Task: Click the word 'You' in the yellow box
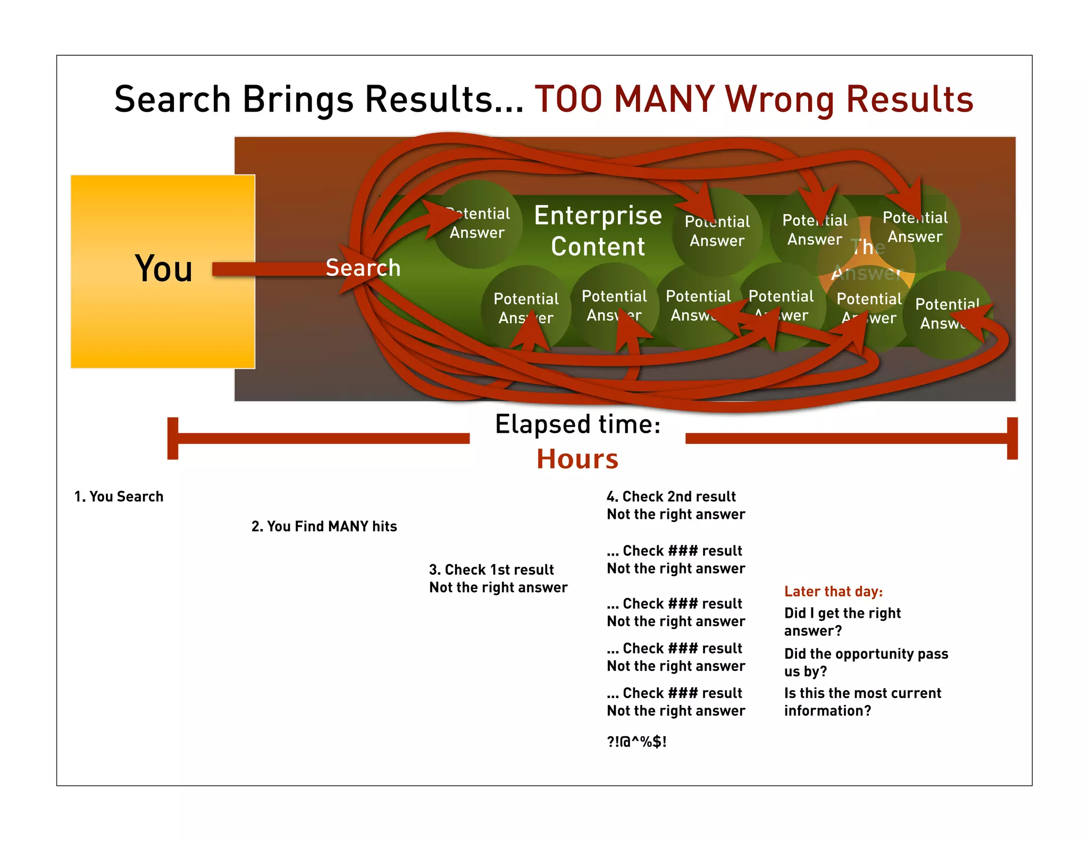pyautogui.click(x=163, y=268)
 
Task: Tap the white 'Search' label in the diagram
pyautogui.click(x=363, y=267)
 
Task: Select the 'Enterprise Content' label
pyautogui.click(x=598, y=231)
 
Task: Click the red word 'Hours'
pyautogui.click(x=577, y=459)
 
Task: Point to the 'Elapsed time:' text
pyautogui.click(x=577, y=424)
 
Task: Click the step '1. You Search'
pyautogui.click(x=119, y=497)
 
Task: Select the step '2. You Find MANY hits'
pyautogui.click(x=324, y=526)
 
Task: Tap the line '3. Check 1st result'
pyautogui.click(x=491, y=570)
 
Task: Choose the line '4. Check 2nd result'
pyautogui.click(x=671, y=497)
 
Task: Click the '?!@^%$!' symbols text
pyautogui.click(x=636, y=742)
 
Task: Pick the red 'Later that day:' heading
pyautogui.click(x=833, y=592)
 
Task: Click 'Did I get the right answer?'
pyautogui.click(x=842, y=621)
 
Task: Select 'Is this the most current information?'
pyautogui.click(x=862, y=702)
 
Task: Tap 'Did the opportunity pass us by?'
pyautogui.click(x=866, y=662)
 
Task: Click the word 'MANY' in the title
pyautogui.click(x=664, y=99)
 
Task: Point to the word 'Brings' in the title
pyautogui.click(x=298, y=99)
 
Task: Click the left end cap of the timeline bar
pyautogui.click(x=173, y=438)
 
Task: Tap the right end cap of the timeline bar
pyautogui.click(x=1012, y=438)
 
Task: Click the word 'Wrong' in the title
pyautogui.click(x=780, y=99)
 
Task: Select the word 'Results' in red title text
pyautogui.click(x=909, y=99)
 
